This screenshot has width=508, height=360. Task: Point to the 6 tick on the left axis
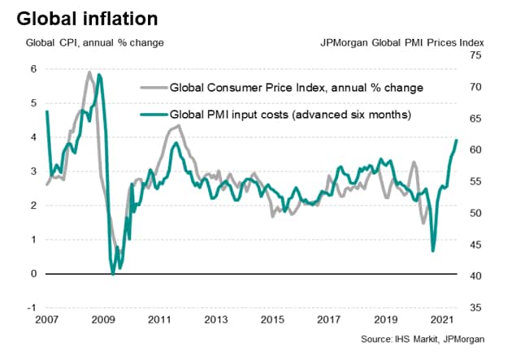click(33, 69)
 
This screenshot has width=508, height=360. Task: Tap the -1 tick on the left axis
click(31, 308)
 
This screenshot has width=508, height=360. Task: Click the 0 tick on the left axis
click(33, 274)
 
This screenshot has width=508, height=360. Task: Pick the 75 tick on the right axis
click(475, 56)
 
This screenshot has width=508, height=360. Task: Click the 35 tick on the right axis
click(475, 308)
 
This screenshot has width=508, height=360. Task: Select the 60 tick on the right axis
click(475, 150)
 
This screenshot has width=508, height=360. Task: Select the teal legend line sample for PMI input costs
click(151, 115)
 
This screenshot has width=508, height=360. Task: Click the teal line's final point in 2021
click(456, 141)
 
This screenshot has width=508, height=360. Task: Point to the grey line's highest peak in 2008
click(89, 72)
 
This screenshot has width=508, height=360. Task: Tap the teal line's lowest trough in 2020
click(432, 251)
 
